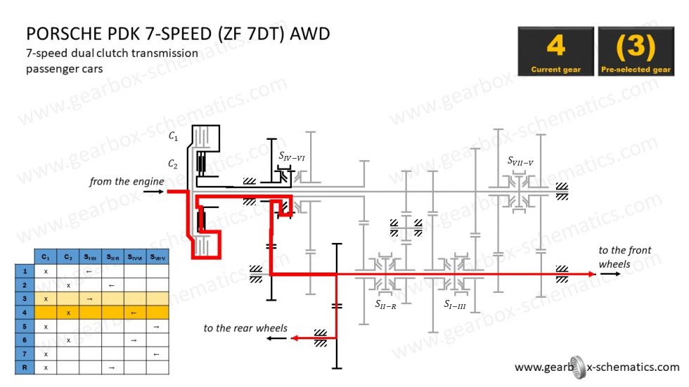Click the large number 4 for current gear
click(x=555, y=46)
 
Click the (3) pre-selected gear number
click(x=636, y=46)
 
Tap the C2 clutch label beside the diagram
click(x=173, y=164)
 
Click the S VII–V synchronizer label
click(x=520, y=161)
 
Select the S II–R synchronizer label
click(x=386, y=304)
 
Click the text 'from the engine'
click(x=127, y=181)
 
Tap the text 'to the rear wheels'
click(x=245, y=328)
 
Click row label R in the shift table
click(x=25, y=367)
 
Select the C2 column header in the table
click(x=68, y=257)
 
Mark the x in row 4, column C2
click(x=68, y=312)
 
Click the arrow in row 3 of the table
click(x=90, y=299)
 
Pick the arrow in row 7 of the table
click(x=157, y=353)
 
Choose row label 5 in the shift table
click(x=25, y=326)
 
